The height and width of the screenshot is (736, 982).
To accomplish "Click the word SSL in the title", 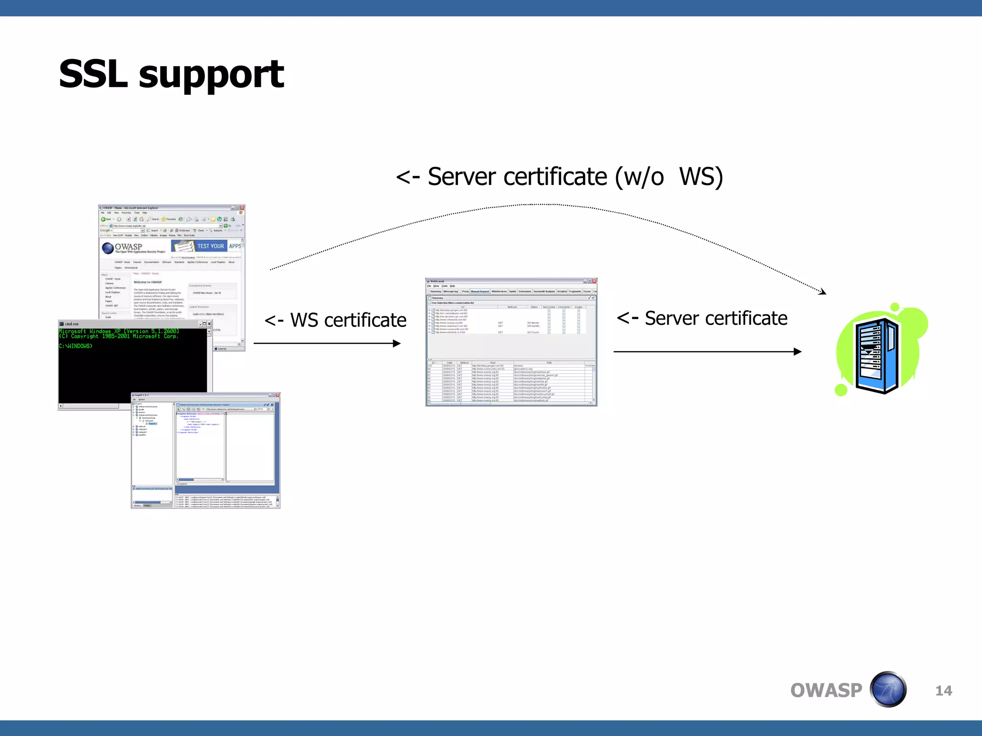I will pyautogui.click(x=93, y=74).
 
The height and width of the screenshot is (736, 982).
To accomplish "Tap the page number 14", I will pyautogui.click(x=943, y=690).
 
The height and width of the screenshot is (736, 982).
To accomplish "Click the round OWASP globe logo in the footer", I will pyautogui.click(x=888, y=690).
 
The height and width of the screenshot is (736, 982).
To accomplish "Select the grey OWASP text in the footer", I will pyautogui.click(x=826, y=690).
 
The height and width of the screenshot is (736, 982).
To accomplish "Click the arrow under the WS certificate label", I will pyautogui.click(x=327, y=343).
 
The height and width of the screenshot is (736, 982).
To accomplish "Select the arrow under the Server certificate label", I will pyautogui.click(x=707, y=352).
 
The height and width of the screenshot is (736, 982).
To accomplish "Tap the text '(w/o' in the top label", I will pyautogui.click(x=640, y=177).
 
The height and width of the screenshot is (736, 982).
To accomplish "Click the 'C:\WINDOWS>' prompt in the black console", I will pyautogui.click(x=76, y=346).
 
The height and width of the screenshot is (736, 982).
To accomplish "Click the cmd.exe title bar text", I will pyautogui.click(x=71, y=324).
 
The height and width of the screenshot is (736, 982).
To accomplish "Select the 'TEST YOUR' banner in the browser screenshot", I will pyautogui.click(x=210, y=246).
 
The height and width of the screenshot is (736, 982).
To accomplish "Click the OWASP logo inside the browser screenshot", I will pyautogui.click(x=122, y=247).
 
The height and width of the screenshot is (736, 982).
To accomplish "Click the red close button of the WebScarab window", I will pyautogui.click(x=594, y=281).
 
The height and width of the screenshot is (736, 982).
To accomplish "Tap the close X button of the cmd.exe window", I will pyautogui.click(x=209, y=324).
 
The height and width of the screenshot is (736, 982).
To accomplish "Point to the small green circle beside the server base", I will pyautogui.click(x=841, y=390).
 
